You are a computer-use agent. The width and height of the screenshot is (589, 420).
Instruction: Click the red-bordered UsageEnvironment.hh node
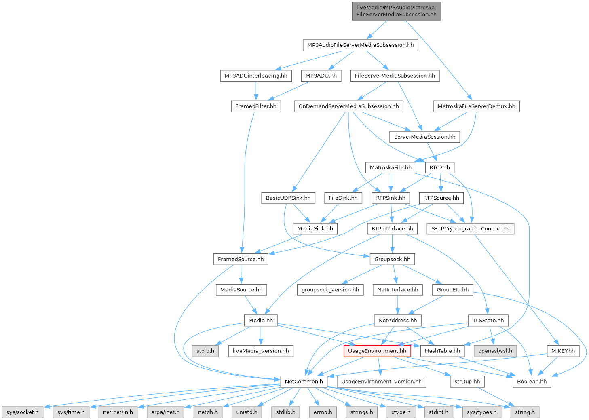click(x=377, y=351)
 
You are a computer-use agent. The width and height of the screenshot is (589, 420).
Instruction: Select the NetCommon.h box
click(x=304, y=381)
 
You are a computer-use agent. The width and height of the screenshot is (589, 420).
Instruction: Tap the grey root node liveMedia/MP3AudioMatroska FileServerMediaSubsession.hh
click(x=396, y=11)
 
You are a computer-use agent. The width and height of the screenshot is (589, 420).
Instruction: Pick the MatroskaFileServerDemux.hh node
click(x=476, y=106)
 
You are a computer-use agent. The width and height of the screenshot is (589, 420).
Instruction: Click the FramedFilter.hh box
click(x=256, y=106)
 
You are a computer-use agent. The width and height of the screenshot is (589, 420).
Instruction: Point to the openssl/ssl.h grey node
click(x=495, y=351)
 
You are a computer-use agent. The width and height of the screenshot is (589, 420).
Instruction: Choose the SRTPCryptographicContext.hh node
click(x=470, y=228)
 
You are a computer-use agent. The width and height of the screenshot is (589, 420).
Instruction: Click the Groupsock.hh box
click(x=392, y=259)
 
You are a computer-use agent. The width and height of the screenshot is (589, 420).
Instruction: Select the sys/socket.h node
click(x=23, y=412)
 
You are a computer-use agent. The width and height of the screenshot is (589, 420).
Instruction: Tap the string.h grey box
click(x=525, y=412)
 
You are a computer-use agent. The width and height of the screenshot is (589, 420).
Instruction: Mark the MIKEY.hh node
click(x=563, y=351)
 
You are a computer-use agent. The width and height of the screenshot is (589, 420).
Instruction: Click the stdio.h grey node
click(x=205, y=351)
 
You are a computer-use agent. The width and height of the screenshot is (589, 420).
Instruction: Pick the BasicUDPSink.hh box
click(x=288, y=198)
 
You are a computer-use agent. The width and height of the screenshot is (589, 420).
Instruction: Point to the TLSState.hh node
click(x=488, y=320)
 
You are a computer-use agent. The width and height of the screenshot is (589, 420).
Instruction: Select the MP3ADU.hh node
click(x=321, y=76)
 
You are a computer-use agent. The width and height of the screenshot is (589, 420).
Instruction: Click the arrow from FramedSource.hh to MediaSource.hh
click(x=241, y=275)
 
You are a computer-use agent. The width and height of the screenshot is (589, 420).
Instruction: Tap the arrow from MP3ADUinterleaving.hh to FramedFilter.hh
click(x=256, y=91)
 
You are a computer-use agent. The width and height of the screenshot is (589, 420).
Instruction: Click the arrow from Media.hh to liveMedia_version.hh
click(x=261, y=336)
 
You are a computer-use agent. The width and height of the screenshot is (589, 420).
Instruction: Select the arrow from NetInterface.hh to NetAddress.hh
click(x=398, y=305)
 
